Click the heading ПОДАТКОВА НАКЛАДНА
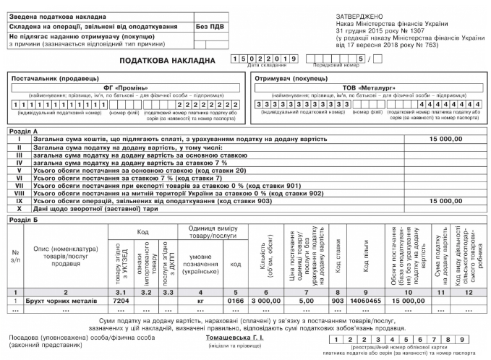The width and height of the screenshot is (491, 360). [x=171, y=60]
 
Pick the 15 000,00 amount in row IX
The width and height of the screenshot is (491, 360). [x=445, y=202]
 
